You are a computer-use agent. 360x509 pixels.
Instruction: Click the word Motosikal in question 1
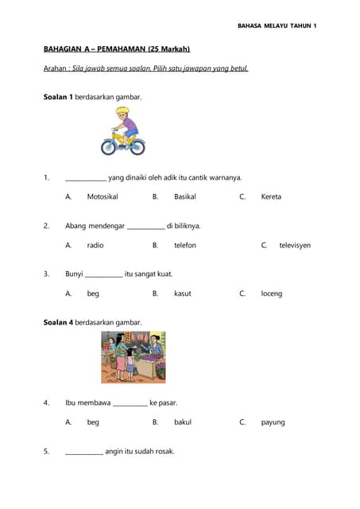tap(103, 196)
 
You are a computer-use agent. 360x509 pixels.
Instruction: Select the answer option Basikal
tap(185, 196)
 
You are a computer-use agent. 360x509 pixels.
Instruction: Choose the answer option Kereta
tap(271, 196)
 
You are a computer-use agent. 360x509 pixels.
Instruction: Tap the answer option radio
tap(95, 245)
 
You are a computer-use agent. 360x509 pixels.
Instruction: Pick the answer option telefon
tap(185, 245)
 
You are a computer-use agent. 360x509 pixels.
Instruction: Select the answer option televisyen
tap(295, 245)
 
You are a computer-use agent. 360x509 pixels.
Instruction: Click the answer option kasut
tap(183, 293)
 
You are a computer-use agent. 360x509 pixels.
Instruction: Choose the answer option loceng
tap(272, 293)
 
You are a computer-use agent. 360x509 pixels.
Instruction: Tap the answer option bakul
tap(183, 422)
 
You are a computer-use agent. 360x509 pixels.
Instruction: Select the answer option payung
tap(273, 422)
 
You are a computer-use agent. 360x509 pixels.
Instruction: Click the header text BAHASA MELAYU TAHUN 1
tap(277, 26)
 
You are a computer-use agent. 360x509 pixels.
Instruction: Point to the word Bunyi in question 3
tap(74, 274)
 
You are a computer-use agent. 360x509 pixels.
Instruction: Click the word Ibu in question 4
tap(71, 403)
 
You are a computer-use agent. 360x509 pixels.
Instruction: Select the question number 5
tap(46, 452)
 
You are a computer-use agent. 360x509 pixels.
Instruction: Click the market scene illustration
tap(133, 357)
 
